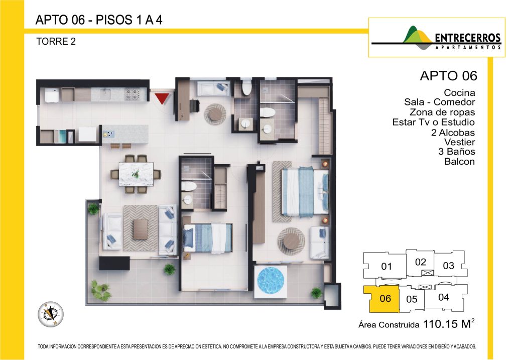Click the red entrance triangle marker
point(162,98)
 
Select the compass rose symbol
point(51,314)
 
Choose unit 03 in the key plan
point(449,265)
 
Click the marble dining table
point(136,174)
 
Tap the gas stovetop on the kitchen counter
point(133,94)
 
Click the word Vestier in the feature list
point(459,142)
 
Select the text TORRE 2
point(56,42)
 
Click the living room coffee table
point(141,229)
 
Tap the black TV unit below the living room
point(114,263)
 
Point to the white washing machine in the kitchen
point(52,95)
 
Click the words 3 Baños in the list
point(456,152)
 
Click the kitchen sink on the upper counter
point(105,94)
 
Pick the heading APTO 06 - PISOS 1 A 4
point(99,20)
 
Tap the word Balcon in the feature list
point(459,161)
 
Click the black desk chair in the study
point(194,106)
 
